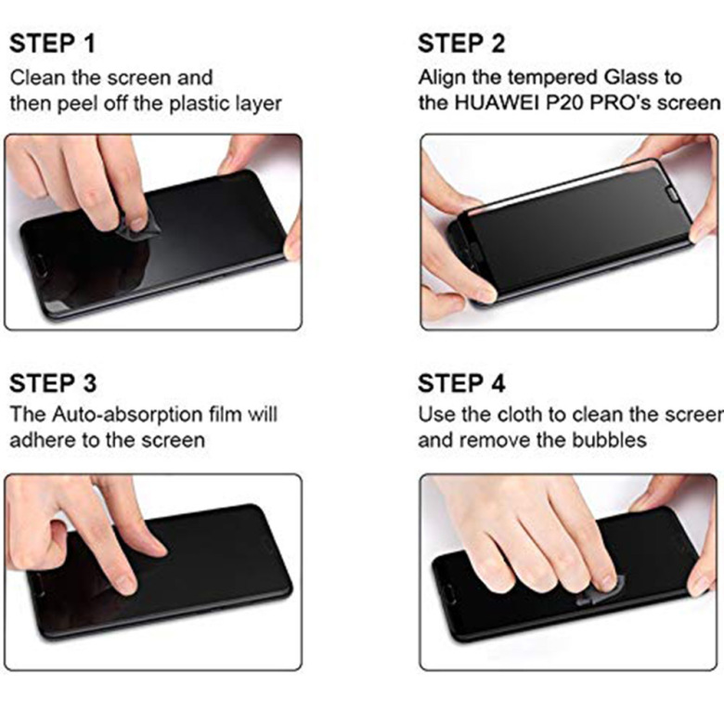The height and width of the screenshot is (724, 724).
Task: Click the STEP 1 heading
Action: [x=52, y=44]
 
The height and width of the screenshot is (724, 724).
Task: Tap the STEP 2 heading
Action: [x=461, y=44]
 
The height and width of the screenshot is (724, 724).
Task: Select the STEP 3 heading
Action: [x=53, y=383]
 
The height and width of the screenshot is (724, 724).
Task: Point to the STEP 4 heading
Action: [x=461, y=383]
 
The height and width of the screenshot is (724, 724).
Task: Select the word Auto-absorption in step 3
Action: [x=126, y=415]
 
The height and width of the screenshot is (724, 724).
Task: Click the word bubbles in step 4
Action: [x=609, y=440]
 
